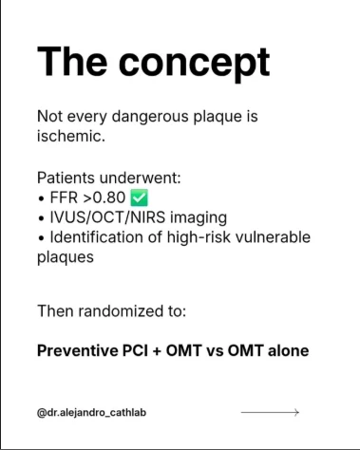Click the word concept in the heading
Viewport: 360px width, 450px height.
194,64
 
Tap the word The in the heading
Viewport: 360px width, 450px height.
72,61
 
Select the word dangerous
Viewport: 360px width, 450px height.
150,117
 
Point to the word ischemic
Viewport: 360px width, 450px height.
71,136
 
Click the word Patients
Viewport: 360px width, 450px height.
66,178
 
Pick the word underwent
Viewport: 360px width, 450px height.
140,178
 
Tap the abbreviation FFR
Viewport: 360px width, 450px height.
64,197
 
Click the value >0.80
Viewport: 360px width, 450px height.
104,197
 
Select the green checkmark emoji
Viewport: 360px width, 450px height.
140,197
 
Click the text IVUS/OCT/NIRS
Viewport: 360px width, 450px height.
107,217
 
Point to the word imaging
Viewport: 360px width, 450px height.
199,218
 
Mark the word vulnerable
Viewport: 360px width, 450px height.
273,237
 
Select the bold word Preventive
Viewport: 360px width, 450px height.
77,350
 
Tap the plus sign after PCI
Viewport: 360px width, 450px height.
157,351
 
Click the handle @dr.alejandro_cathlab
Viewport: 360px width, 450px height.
91,413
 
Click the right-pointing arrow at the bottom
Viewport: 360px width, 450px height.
270,412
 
